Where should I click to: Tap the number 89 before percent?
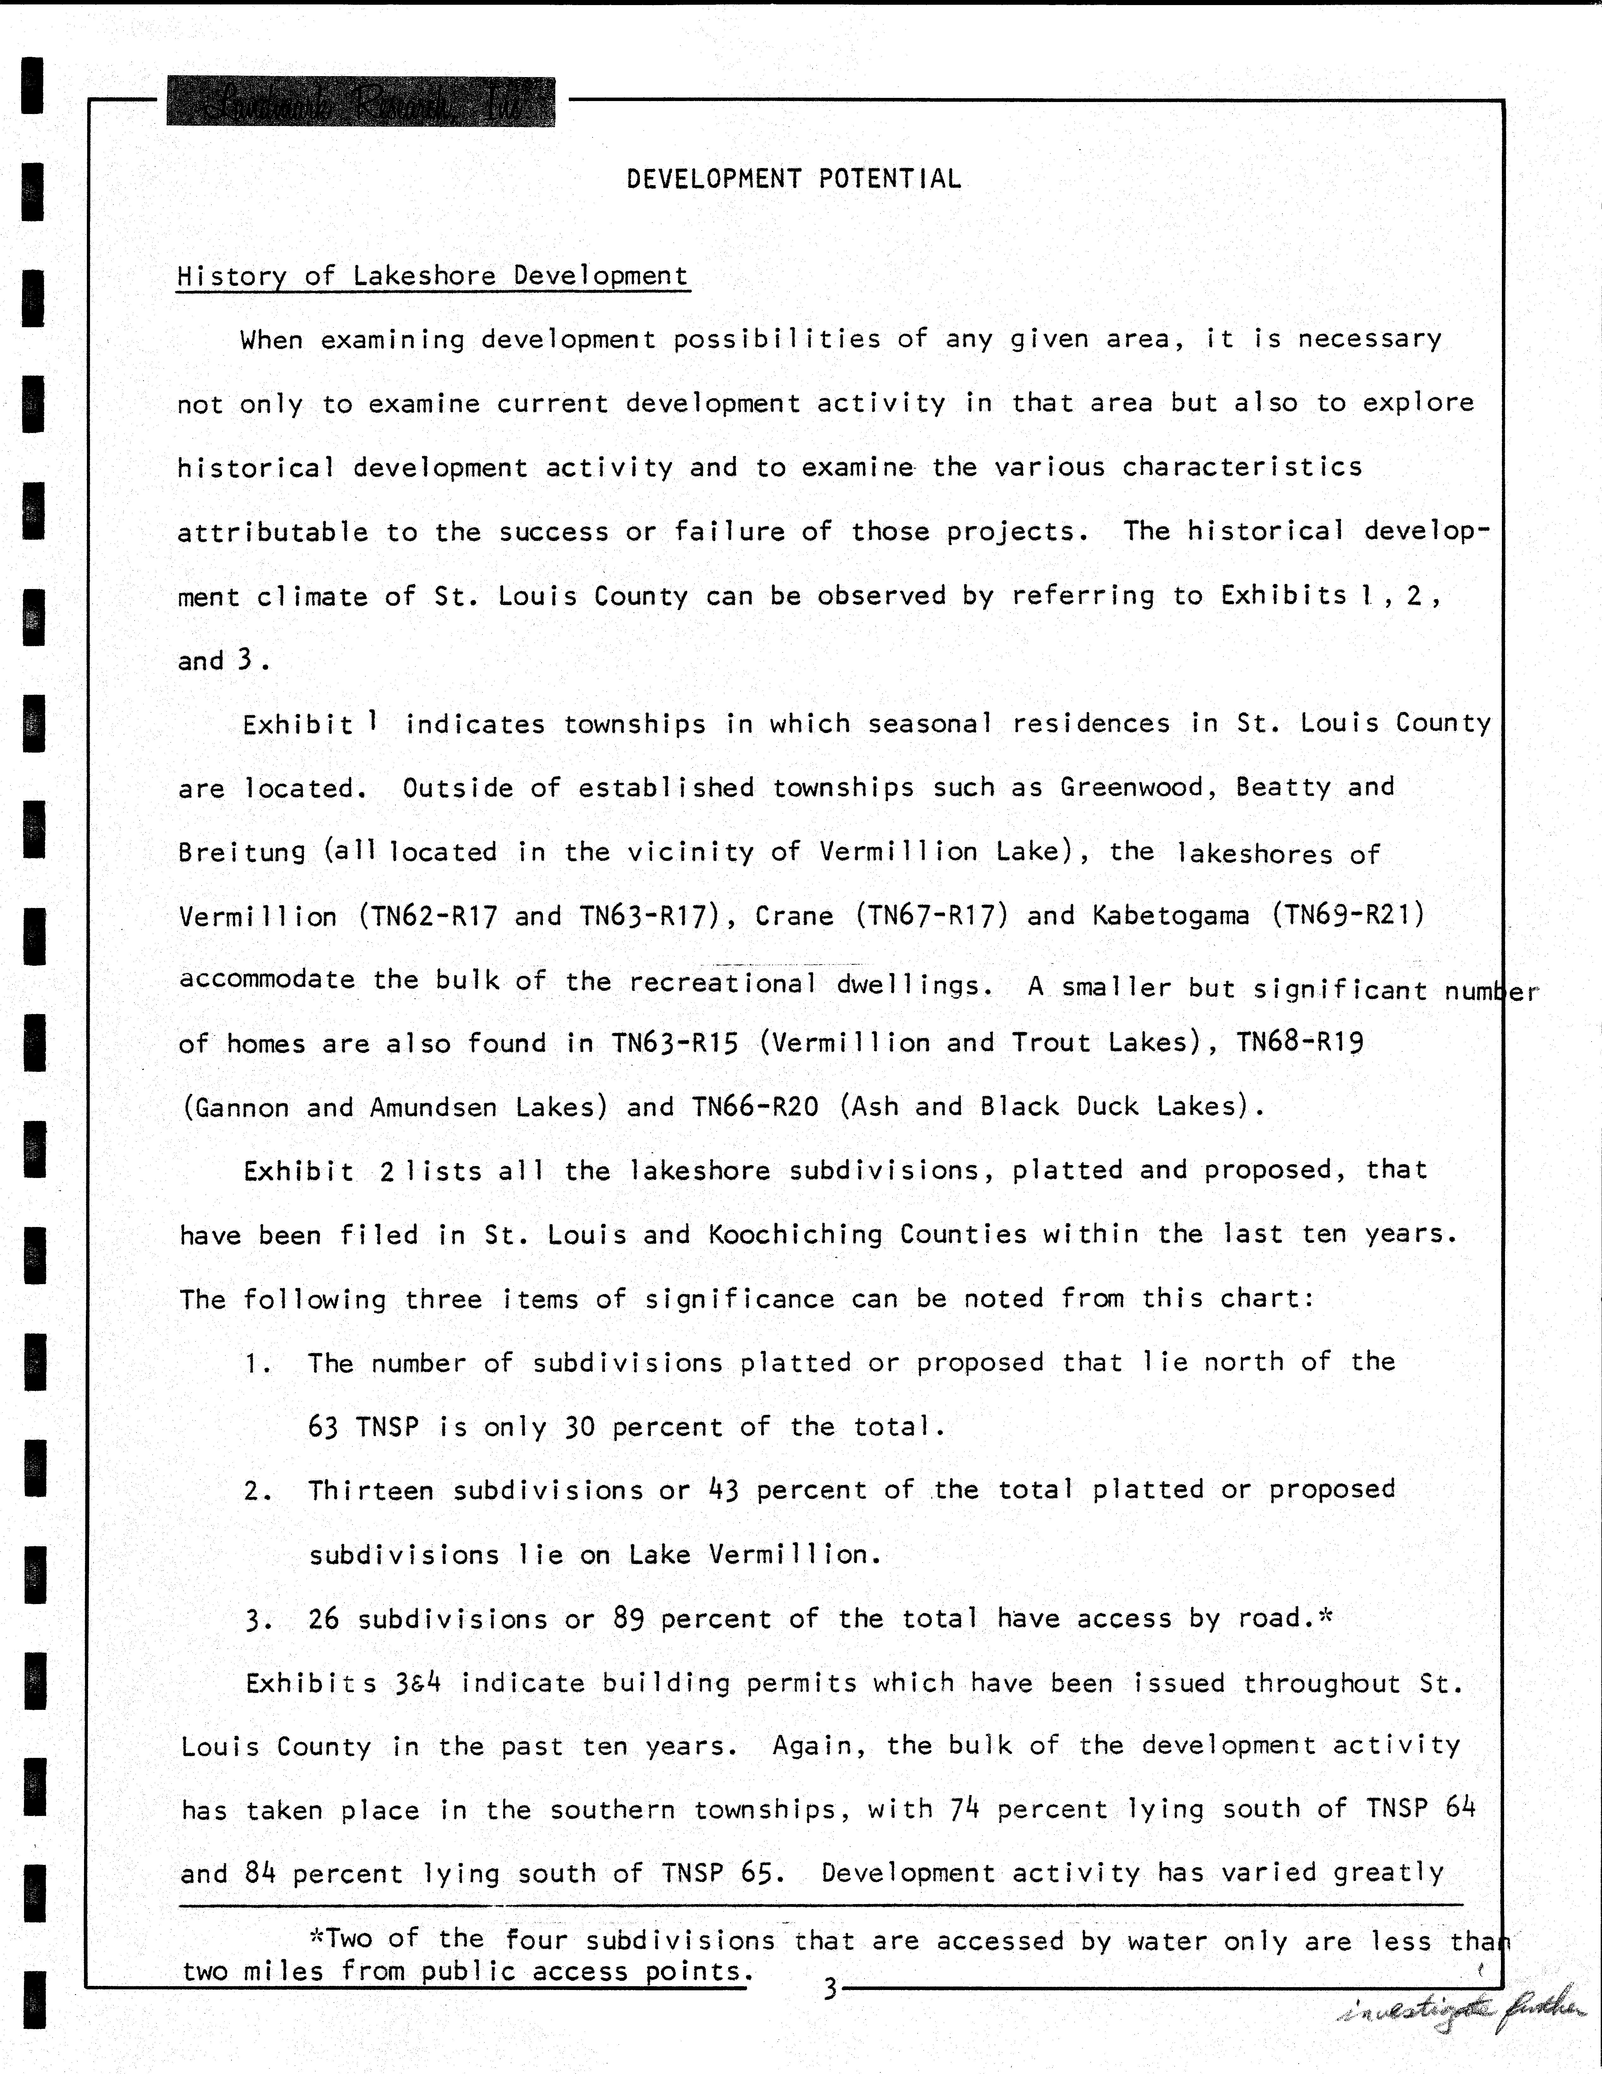[x=629, y=1618]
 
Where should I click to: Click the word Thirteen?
[x=370, y=1490]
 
